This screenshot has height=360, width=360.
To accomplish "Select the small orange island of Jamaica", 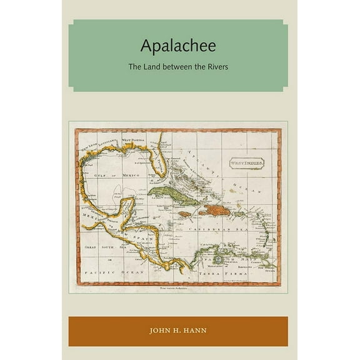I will click(x=184, y=214).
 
